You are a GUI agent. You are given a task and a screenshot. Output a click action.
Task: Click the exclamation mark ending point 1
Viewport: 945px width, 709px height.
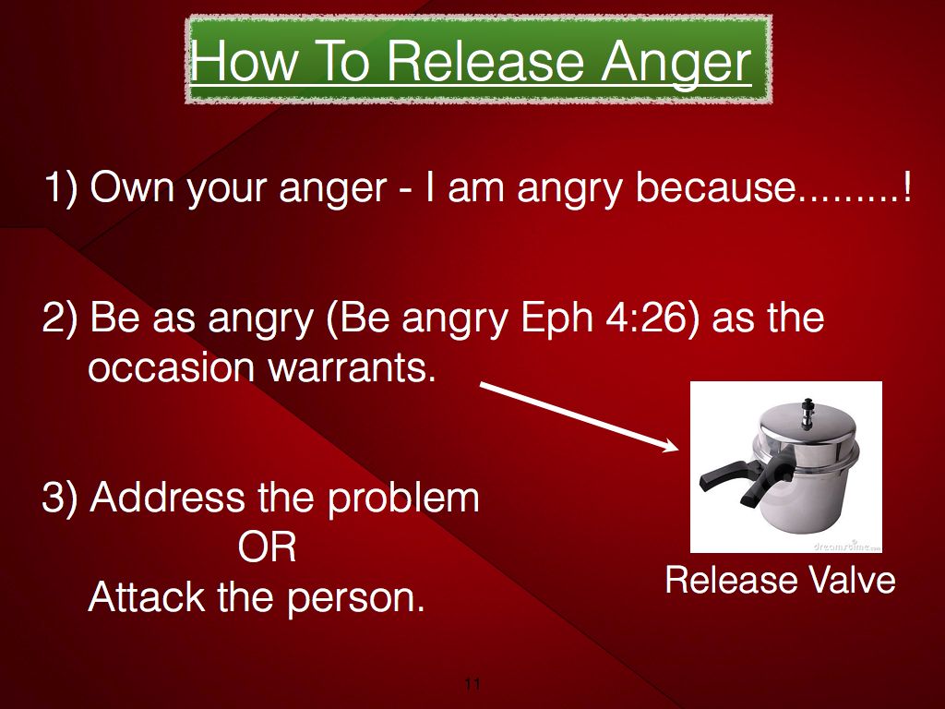906,186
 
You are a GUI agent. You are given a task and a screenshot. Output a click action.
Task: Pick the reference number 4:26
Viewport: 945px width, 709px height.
647,318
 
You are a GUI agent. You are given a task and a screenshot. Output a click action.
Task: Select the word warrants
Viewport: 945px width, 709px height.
352,367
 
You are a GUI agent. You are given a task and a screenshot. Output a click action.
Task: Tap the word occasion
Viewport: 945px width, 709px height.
172,367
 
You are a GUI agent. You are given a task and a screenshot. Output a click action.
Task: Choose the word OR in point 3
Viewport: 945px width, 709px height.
267,548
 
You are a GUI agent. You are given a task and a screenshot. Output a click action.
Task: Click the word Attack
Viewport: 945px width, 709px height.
147,597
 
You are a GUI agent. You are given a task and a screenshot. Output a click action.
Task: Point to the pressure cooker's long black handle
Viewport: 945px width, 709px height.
727,475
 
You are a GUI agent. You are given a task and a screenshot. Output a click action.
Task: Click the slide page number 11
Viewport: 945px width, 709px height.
472,684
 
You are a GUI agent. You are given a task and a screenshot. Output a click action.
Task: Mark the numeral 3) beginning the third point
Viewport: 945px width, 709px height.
60,498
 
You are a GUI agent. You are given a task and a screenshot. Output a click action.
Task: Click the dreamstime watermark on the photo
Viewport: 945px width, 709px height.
847,546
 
